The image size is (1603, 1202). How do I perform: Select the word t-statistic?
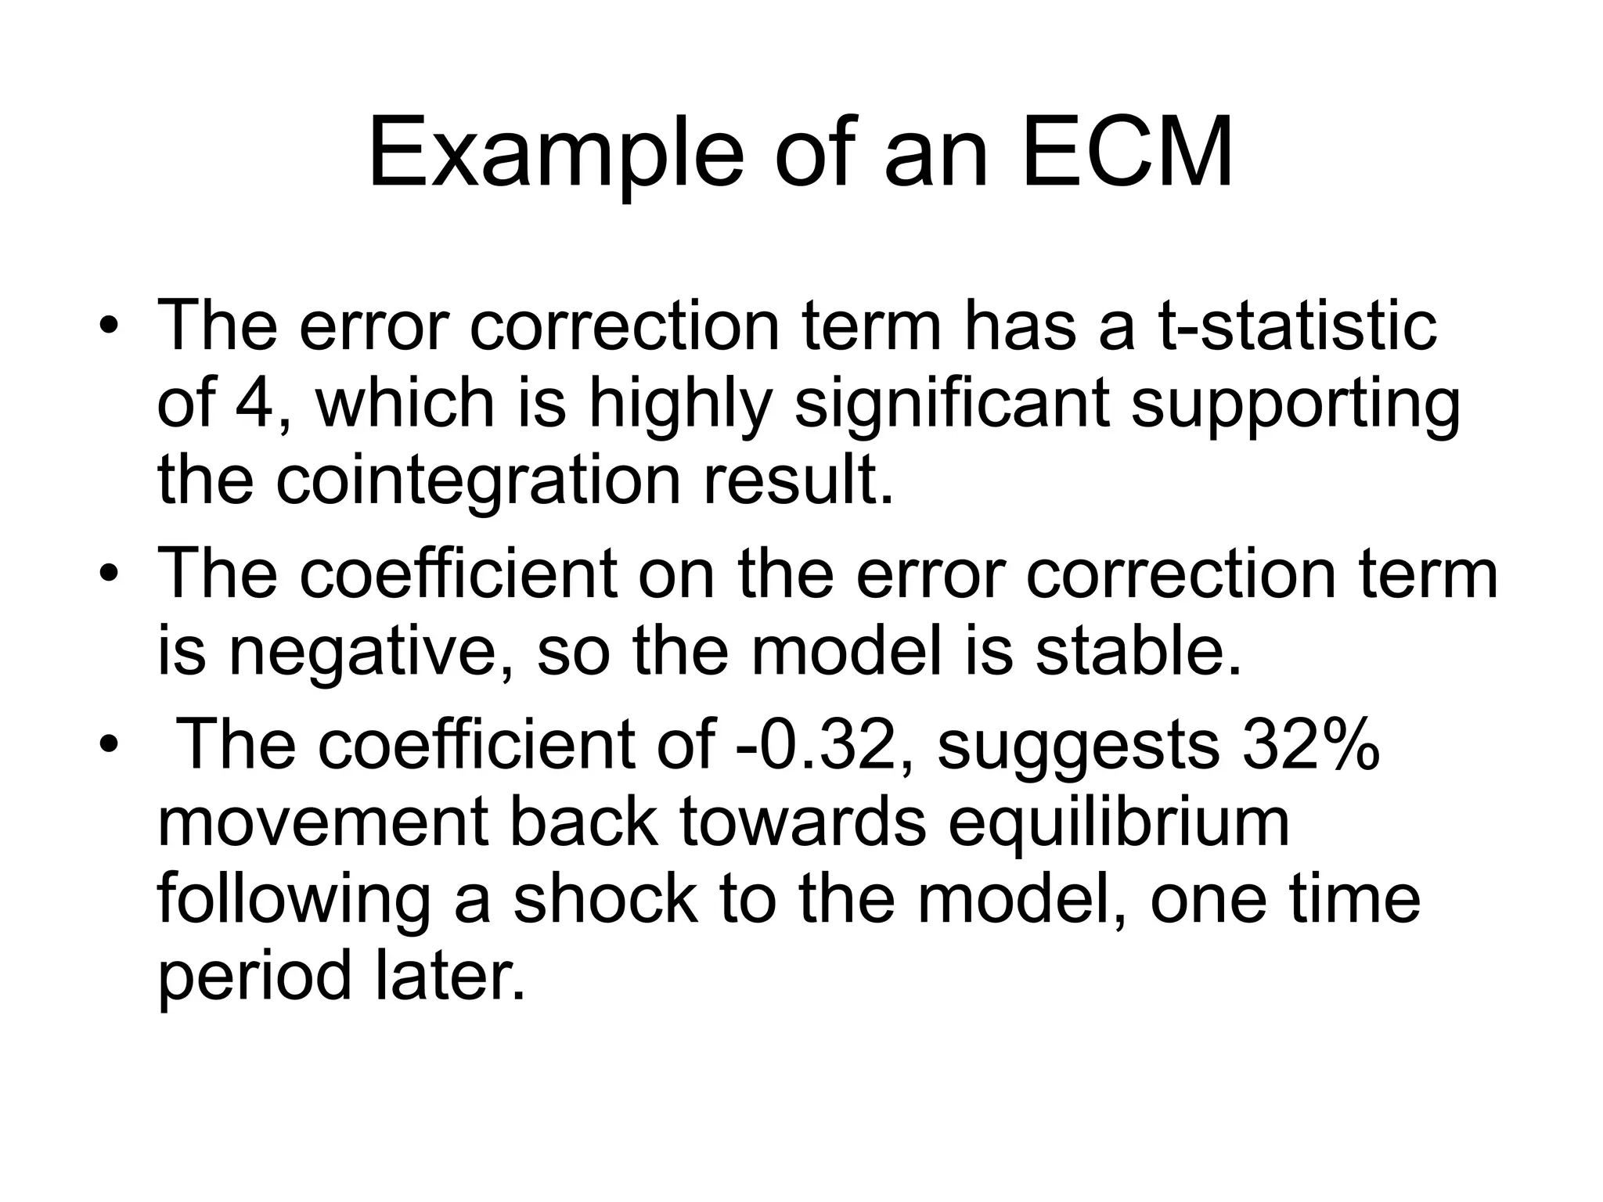[x=1296, y=325]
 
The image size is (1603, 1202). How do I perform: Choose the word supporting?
[x=1295, y=405]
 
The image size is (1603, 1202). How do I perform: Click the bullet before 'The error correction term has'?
[x=108, y=326]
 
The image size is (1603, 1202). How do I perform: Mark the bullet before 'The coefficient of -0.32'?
[x=108, y=744]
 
